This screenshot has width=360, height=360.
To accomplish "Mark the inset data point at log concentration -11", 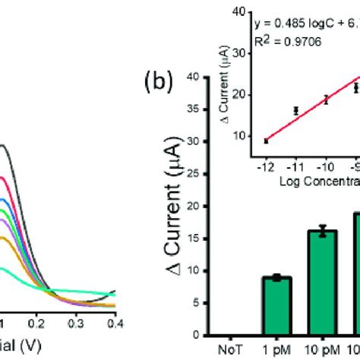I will point(296,111).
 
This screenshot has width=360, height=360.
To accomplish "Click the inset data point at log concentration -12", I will point(267,141).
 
